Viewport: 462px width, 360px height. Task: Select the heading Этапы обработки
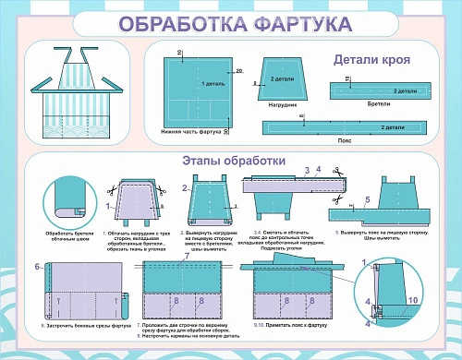[x=230, y=161]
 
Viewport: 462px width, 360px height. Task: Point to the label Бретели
[x=378, y=104]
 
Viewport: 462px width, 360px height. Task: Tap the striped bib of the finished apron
[x=78, y=67]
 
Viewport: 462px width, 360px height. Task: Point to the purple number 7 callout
[x=185, y=257]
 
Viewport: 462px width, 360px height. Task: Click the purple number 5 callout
[x=367, y=200]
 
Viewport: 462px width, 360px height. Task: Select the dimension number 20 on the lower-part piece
[x=238, y=71]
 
